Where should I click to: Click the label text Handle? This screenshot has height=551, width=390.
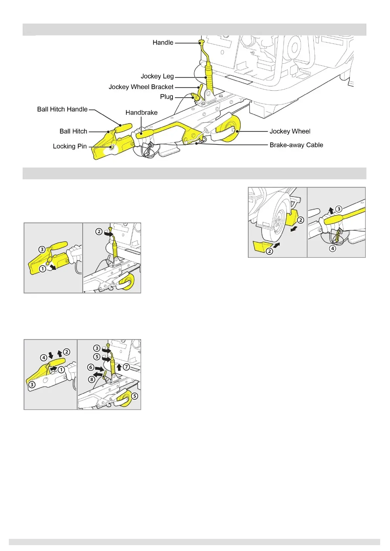[163, 43]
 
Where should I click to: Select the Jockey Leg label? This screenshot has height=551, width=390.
[157, 76]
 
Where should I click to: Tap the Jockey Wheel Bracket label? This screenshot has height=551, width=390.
[141, 87]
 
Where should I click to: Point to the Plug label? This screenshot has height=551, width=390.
[166, 97]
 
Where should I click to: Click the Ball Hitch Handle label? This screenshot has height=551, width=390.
[62, 109]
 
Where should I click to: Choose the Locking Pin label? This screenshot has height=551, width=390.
[70, 146]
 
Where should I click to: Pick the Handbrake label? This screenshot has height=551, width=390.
[141, 113]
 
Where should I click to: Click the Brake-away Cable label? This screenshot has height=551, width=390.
[296, 145]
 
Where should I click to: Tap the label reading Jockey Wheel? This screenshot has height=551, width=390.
[290, 131]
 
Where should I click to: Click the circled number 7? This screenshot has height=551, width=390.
[126, 367]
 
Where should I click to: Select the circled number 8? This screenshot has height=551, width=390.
[92, 380]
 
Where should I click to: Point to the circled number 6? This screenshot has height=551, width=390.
[91, 367]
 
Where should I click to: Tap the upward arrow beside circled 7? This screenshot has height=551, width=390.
[119, 367]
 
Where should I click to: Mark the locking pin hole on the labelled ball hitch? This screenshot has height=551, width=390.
[112, 147]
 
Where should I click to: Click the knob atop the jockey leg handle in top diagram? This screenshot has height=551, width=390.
[201, 42]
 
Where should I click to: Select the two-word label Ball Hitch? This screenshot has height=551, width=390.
[73, 131]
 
